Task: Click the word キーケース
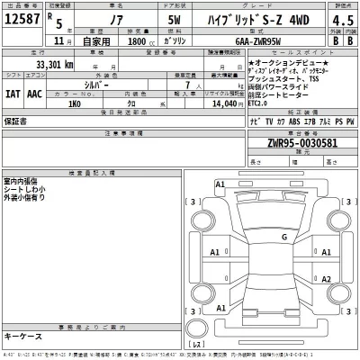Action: click(22, 335)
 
